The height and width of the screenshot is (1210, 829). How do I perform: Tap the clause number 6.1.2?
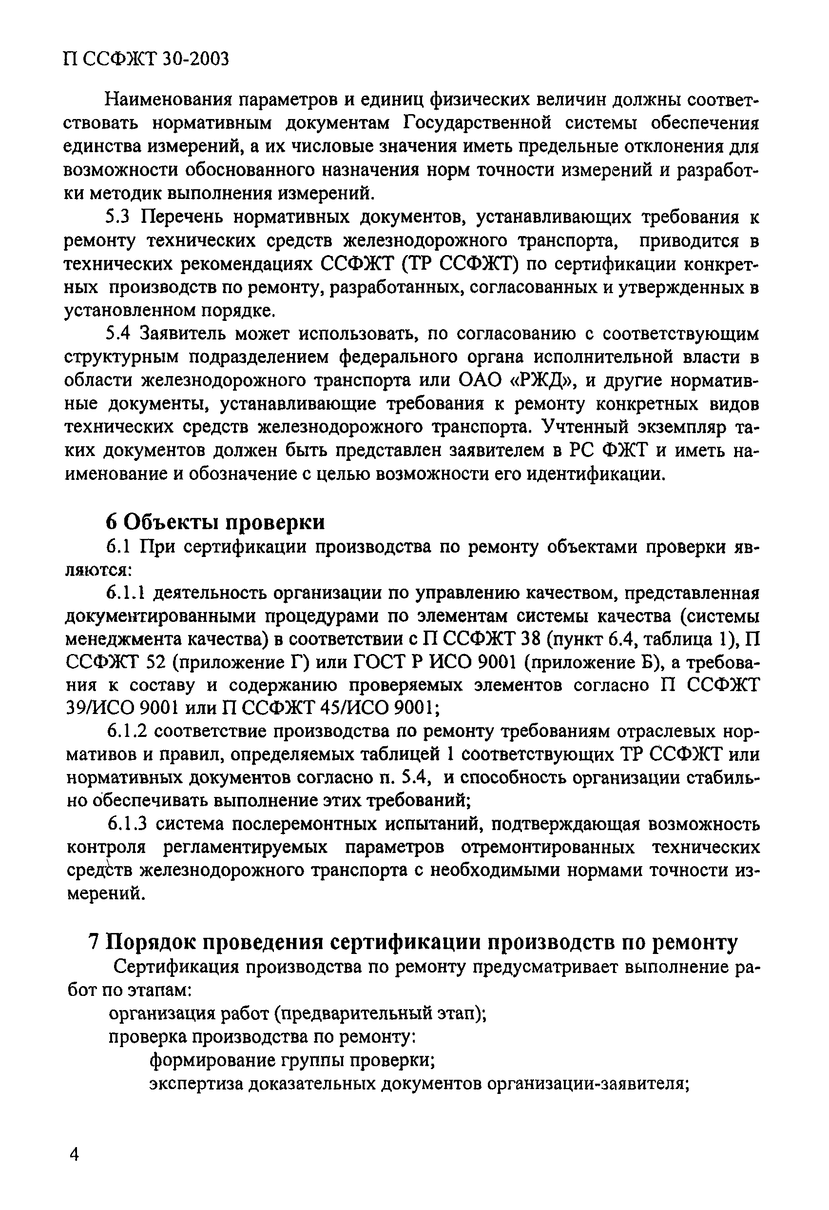[x=128, y=732]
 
